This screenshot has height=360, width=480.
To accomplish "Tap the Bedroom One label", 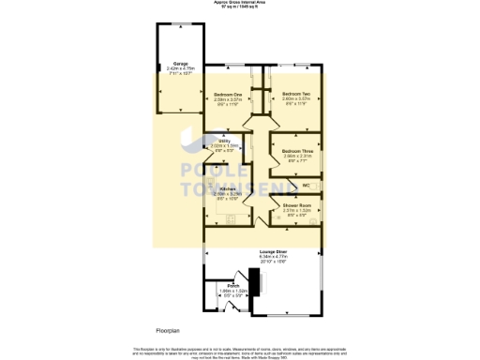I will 228,95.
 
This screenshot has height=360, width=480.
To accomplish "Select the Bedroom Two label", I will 295,95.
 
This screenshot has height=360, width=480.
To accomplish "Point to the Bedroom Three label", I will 295,151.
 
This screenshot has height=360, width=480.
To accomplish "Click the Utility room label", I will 214,142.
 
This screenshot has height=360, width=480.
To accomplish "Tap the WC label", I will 306,185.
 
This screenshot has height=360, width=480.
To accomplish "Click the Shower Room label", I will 297,205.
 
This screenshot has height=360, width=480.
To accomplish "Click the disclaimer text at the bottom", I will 240,351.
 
